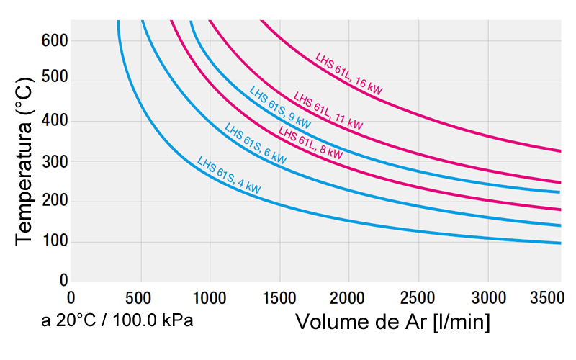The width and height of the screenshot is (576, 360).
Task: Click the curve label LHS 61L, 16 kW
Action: pyautogui.click(x=349, y=73)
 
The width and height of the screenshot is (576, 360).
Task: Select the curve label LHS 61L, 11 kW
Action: pyautogui.click(x=328, y=111)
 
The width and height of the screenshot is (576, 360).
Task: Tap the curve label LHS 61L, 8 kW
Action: pyautogui.click(x=311, y=144)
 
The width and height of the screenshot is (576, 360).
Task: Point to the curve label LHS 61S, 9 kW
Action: pyautogui.click(x=280, y=107)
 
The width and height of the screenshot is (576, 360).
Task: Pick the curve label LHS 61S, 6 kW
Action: pyautogui.click(x=256, y=143)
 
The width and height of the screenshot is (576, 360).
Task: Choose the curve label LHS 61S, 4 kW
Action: pyautogui.click(x=229, y=175)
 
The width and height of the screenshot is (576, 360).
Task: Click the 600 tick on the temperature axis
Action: pyautogui.click(x=54, y=40)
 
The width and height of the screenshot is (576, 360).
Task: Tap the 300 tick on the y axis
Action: pyautogui.click(x=54, y=161)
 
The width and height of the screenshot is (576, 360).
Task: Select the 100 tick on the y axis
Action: pyautogui.click(x=54, y=241)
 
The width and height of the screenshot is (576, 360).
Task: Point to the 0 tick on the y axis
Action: pyautogui.click(x=63, y=280)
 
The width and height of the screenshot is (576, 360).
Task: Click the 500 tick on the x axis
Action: pyautogui.click(x=140, y=297)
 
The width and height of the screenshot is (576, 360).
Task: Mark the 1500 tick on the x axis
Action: pyautogui.click(x=279, y=297)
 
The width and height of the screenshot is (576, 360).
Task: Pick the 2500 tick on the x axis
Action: pyautogui.click(x=418, y=297)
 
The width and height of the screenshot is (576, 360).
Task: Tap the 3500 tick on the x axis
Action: pyautogui.click(x=545, y=297)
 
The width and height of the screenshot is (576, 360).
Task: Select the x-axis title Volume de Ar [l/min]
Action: pyautogui.click(x=392, y=322)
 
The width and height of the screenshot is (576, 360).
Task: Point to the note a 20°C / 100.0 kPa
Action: pyautogui.click(x=117, y=320)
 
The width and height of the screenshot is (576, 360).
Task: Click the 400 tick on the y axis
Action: pyautogui.click(x=54, y=121)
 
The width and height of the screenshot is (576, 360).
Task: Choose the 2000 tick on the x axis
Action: pyautogui.click(x=348, y=297)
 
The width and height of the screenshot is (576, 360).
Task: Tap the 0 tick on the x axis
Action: pyautogui.click(x=71, y=297)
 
